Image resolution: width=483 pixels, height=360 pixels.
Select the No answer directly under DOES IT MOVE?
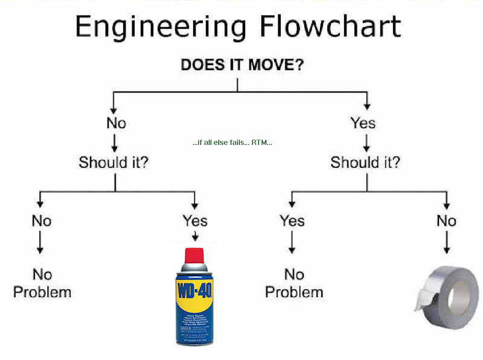point(116,123)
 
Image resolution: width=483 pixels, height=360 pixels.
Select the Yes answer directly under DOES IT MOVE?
point(363,123)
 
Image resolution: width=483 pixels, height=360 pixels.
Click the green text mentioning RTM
point(232,143)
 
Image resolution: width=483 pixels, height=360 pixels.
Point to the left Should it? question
point(114,162)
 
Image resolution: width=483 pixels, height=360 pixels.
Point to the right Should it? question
point(365,162)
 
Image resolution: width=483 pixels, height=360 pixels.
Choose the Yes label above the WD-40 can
point(194,220)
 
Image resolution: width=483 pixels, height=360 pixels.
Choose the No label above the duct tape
point(446,220)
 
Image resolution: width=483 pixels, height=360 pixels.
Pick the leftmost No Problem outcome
point(42,283)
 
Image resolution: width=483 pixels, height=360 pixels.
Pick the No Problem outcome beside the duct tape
point(294,283)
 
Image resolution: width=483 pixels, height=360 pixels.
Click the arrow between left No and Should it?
point(115,143)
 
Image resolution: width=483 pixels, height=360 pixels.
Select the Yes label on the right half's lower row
point(292,220)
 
